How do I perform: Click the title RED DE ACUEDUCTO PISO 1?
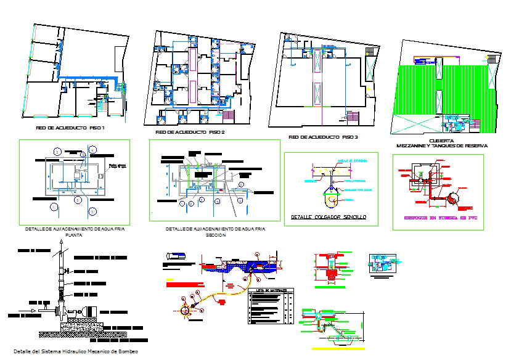pyautogui.click(x=72, y=128)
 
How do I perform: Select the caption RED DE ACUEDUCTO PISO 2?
pyautogui.click(x=190, y=132)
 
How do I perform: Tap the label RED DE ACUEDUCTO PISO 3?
pyautogui.click(x=323, y=137)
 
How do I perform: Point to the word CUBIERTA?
pyautogui.click(x=441, y=140)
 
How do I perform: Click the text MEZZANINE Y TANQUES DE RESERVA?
pyautogui.click(x=441, y=146)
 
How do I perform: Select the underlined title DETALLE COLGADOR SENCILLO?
pyautogui.click(x=329, y=217)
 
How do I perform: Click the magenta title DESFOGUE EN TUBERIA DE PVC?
pyautogui.click(x=438, y=218)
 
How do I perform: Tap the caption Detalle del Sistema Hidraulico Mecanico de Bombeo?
pyautogui.click(x=75, y=351)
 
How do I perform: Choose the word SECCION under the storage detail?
pyautogui.click(x=215, y=235)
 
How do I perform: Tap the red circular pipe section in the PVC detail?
pyautogui.click(x=455, y=198)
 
